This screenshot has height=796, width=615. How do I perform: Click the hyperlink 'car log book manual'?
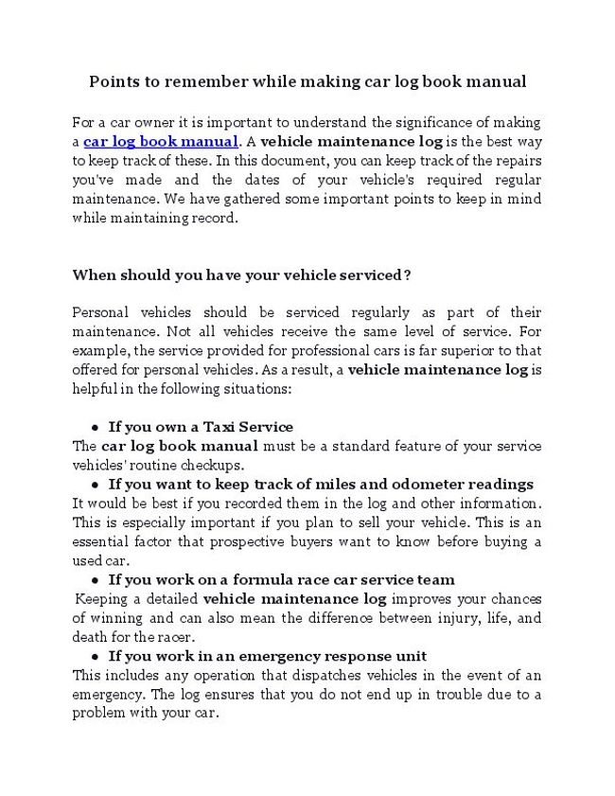(x=160, y=142)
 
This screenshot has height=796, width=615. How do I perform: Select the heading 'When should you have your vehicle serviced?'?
(x=241, y=274)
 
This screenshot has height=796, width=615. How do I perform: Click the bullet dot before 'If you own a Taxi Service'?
(x=96, y=427)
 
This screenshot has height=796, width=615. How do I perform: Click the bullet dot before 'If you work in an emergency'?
(x=96, y=656)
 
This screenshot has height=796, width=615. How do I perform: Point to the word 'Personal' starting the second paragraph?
(x=102, y=312)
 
